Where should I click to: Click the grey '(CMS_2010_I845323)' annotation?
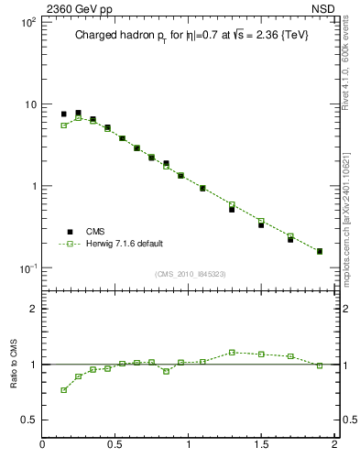190,273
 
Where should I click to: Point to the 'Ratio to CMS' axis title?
14,364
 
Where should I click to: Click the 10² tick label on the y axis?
27,22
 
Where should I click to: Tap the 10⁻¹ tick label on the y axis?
27,267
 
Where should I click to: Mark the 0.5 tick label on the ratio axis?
27,420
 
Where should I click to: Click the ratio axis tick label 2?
32,309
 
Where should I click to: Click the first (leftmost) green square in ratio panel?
64,390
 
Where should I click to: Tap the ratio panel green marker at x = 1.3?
232,352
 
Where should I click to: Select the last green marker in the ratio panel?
320,365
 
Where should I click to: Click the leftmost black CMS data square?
64,115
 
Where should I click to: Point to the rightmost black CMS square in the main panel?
320,251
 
